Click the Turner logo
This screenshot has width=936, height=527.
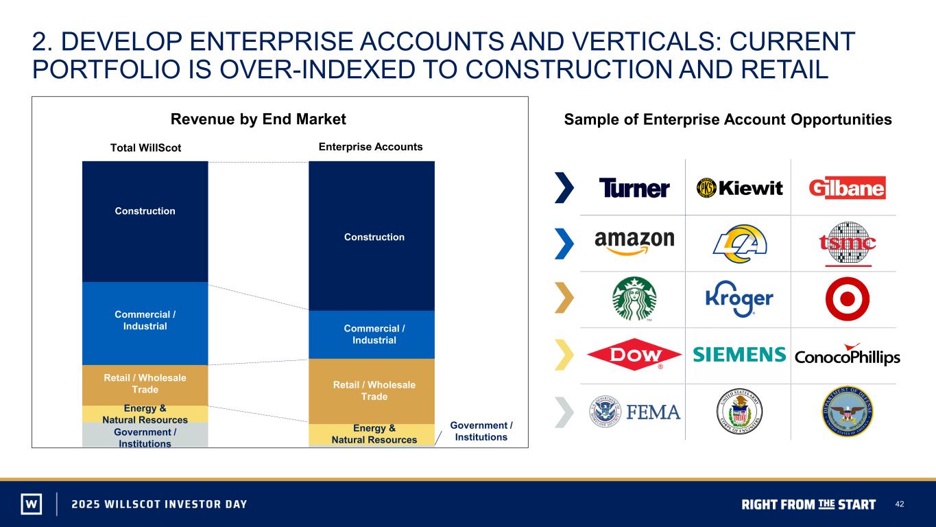click(634, 188)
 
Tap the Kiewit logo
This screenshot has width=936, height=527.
click(739, 188)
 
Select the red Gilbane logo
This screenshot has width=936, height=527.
click(847, 188)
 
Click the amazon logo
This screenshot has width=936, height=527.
click(634, 242)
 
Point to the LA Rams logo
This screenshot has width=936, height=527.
click(740, 244)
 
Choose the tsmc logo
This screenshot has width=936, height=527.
click(848, 244)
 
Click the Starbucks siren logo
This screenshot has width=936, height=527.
click(634, 298)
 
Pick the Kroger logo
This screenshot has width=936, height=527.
click(739, 298)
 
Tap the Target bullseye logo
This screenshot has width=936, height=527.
click(848, 298)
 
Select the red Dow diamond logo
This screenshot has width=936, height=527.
click(634, 355)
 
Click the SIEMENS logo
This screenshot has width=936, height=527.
click(739, 354)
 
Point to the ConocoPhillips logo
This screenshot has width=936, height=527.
click(848, 355)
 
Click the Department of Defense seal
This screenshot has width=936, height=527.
click(848, 412)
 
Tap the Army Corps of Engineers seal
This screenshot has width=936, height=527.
click(739, 412)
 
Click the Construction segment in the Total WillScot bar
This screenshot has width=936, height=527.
click(145, 222)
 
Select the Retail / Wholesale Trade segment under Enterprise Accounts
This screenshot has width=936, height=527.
click(372, 392)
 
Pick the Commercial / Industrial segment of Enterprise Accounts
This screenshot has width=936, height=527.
click(372, 335)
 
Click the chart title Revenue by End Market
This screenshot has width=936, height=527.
click(259, 119)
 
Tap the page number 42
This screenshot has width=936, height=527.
click(900, 504)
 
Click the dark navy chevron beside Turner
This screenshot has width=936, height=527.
click(564, 187)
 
